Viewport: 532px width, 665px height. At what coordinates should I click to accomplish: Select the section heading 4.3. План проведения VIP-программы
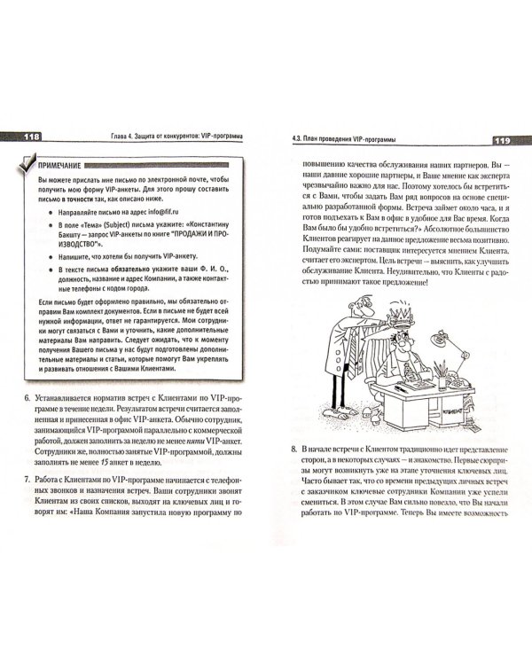tap(344, 139)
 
